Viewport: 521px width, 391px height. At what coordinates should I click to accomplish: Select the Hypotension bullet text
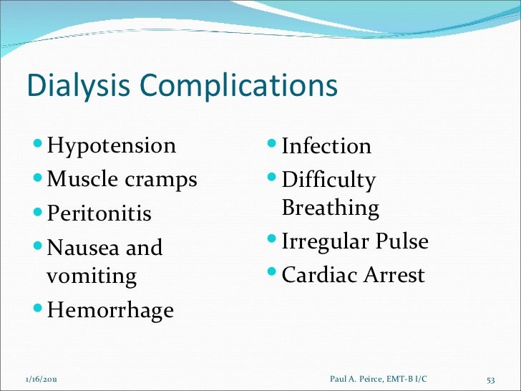pos(111,146)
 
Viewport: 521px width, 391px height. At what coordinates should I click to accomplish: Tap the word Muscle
pos(78,179)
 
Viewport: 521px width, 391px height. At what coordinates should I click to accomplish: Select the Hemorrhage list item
pos(110,310)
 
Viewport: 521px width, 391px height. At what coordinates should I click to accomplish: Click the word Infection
pos(326,146)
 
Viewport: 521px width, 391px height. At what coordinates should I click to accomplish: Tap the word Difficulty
pos(328,180)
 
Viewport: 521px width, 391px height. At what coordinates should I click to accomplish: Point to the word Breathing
pos(331,208)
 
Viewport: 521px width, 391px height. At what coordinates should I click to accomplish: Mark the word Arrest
pos(391,275)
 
